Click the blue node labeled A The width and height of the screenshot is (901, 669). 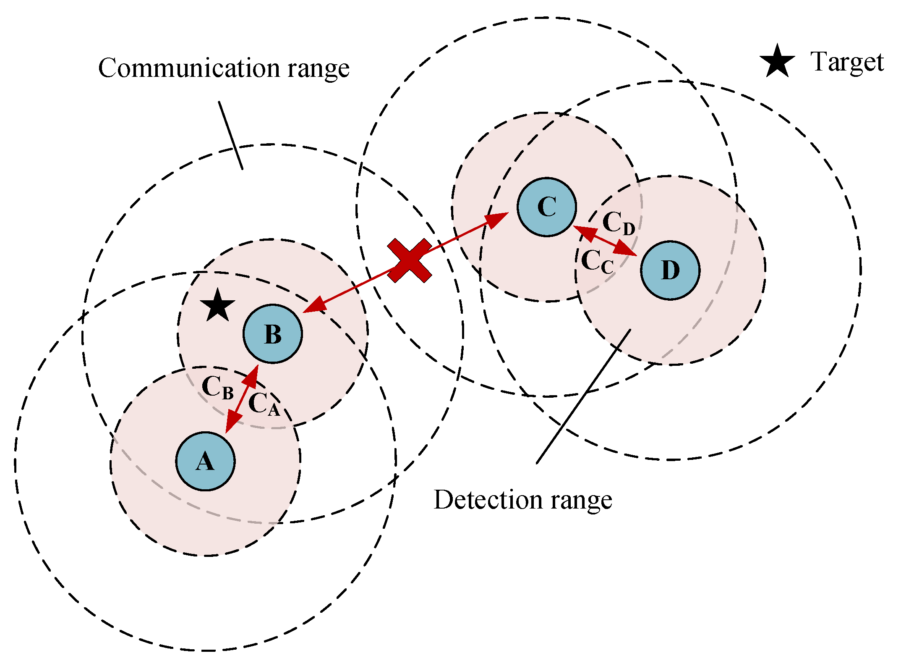[205, 461]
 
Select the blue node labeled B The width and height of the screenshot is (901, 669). [273, 333]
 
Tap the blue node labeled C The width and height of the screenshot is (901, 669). [546, 207]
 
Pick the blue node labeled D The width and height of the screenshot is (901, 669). [670, 270]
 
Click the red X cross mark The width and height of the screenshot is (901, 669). [409, 260]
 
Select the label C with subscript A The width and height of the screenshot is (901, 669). [264, 404]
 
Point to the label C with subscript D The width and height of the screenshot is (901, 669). [618, 223]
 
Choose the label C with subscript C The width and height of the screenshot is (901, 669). [597, 262]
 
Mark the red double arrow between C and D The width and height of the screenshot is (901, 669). [605, 241]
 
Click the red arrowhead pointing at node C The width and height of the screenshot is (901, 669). [497, 219]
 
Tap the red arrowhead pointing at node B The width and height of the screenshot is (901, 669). [314, 306]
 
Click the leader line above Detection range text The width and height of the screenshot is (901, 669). [583, 396]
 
